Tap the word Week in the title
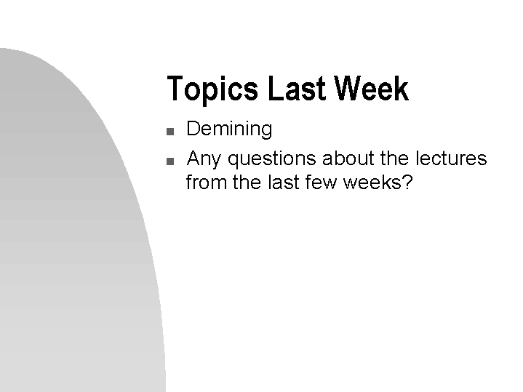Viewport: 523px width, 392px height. tap(372, 89)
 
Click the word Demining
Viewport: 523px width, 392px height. tap(229, 129)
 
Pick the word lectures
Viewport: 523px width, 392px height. tap(451, 159)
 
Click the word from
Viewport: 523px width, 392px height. tap(207, 182)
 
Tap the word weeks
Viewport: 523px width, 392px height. tap(370, 182)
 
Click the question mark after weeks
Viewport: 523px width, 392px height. tap(407, 182)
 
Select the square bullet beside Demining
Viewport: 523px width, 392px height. tap(169, 132)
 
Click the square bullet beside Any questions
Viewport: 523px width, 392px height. tap(169, 161)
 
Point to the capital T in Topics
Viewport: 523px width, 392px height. tap(174, 89)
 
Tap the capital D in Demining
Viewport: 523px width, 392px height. tap(193, 129)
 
